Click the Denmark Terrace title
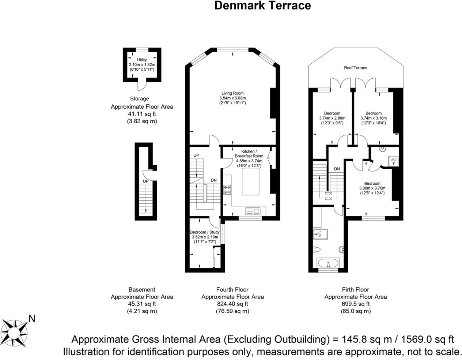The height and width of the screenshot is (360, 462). [262, 6]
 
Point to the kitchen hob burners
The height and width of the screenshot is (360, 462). [227, 190]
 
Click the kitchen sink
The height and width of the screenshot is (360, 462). [253, 211]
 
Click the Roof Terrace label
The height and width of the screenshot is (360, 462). [356, 68]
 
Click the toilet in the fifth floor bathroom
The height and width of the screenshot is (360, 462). [317, 250]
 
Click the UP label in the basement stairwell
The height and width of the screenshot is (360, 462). [146, 181]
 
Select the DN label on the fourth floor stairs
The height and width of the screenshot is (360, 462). [214, 180]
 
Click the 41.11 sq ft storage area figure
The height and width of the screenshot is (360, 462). [142, 114]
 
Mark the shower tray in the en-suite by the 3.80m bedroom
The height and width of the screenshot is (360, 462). [393, 161]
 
